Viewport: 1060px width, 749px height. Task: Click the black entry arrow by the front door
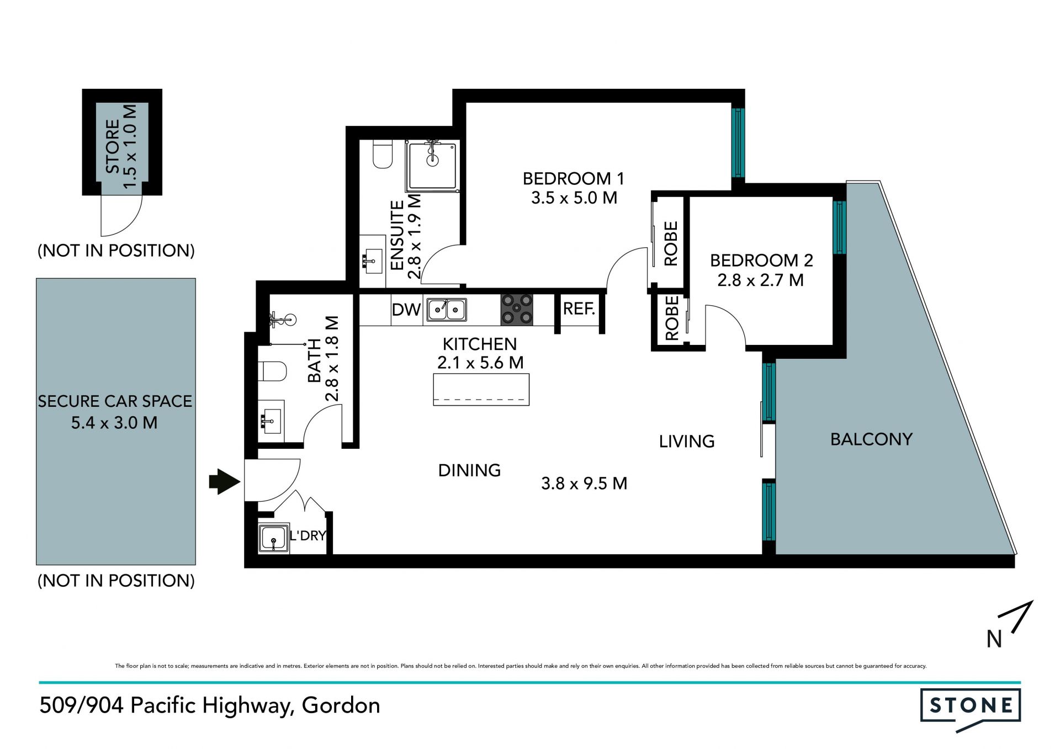[225, 482]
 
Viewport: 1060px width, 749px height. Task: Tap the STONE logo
[970, 709]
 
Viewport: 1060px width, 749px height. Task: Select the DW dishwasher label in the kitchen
[406, 310]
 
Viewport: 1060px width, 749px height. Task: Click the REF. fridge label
[579, 309]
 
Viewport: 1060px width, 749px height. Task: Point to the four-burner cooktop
[517, 310]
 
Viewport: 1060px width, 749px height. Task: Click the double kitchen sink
[447, 310]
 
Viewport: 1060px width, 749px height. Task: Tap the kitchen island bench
[481, 390]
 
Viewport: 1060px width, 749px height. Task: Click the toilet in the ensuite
[382, 154]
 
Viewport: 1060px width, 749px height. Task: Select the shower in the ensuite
[432, 166]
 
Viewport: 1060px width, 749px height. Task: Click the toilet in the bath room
[272, 371]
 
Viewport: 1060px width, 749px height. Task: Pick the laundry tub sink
[273, 537]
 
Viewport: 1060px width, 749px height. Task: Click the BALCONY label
[871, 439]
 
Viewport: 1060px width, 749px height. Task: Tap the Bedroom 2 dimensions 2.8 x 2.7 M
[760, 280]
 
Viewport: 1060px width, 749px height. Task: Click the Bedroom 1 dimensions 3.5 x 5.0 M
[574, 198]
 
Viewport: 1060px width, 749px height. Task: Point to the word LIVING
[687, 442]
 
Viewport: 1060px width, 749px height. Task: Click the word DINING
[469, 470]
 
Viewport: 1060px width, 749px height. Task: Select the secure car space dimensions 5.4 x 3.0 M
[114, 423]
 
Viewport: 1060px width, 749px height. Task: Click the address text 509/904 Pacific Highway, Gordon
[210, 706]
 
